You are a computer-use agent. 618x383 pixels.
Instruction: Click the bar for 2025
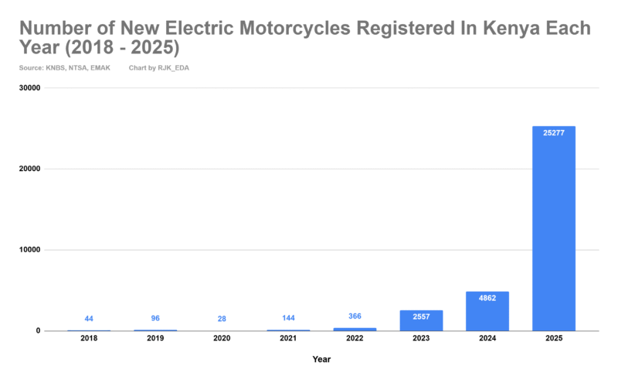553,228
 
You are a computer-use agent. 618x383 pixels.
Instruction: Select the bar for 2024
487,311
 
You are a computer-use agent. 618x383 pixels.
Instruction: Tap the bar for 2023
421,320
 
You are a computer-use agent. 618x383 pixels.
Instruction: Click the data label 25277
553,134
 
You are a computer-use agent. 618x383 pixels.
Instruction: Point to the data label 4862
487,299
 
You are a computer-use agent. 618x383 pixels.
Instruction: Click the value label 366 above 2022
355,316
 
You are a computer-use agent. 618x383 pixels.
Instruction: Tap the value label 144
288,318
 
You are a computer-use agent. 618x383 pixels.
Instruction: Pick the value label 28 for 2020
222,319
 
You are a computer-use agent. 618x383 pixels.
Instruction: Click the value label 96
155,318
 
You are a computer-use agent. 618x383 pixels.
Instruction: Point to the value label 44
89,319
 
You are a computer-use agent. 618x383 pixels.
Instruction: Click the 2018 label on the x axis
89,339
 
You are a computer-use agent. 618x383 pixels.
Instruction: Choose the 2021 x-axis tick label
288,339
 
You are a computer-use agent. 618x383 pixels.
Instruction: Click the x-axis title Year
321,359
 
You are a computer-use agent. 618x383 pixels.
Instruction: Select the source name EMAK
100,68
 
